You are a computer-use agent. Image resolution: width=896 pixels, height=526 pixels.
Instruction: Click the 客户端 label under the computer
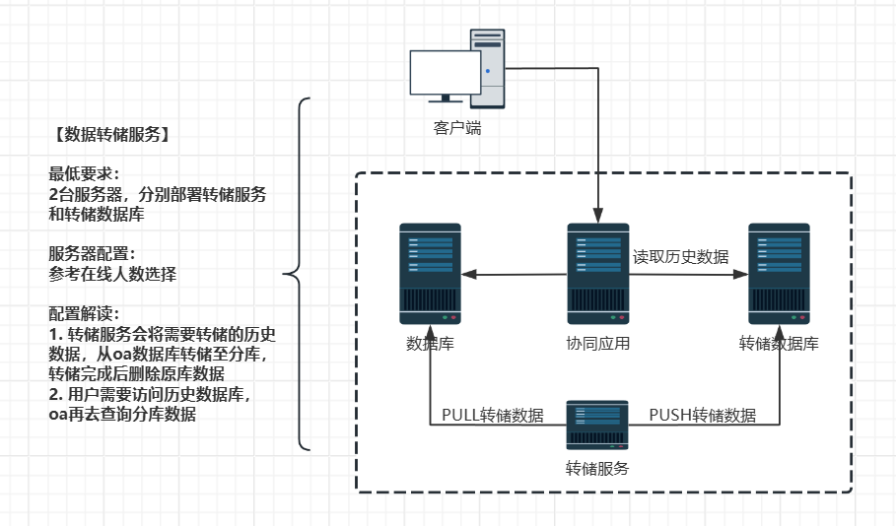tap(458, 128)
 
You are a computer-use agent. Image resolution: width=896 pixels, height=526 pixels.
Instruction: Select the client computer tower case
tap(487, 66)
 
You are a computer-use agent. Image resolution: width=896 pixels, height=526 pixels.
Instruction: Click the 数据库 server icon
tap(430, 274)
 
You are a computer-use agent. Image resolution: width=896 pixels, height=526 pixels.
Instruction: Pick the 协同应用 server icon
tap(597, 274)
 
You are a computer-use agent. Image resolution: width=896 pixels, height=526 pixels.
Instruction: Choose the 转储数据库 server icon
tap(779, 274)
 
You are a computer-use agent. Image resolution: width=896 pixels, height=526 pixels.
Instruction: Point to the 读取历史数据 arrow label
tap(680, 257)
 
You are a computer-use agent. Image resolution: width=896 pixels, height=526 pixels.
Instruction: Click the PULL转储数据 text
tap(492, 416)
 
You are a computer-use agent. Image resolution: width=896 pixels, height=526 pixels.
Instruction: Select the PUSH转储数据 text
tap(703, 416)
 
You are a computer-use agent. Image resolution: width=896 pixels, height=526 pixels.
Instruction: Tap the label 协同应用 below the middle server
tap(597, 344)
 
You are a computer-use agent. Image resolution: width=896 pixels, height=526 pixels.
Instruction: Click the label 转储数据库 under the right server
tap(779, 344)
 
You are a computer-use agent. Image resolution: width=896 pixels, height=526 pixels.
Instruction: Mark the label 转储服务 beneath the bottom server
tap(597, 468)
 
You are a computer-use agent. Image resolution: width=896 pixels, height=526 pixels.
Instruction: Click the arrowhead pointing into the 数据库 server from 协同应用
tap(469, 275)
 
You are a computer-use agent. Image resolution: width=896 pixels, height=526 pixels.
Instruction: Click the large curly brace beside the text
tap(299, 274)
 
